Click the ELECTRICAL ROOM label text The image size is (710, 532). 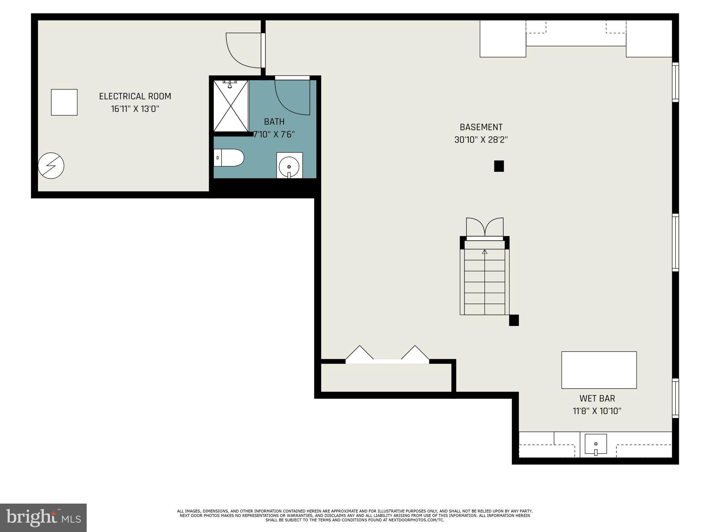tap(135, 96)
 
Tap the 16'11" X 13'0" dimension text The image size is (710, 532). tap(135, 109)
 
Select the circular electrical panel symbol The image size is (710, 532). tap(51, 166)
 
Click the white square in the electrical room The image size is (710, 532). tap(64, 102)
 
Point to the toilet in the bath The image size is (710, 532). tap(229, 158)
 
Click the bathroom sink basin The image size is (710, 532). tap(289, 166)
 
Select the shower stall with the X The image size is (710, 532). tap(231, 106)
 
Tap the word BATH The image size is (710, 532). tap(274, 122)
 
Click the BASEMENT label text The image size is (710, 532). tap(481, 127)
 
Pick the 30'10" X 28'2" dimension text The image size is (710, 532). tap(481, 140)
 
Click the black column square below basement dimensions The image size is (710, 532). tap(499, 166)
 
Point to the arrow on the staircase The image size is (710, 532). tap(485, 252)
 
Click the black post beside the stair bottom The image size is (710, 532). tap(514, 320)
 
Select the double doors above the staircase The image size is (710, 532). tap(485, 228)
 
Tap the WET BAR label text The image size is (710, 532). tap(597, 398)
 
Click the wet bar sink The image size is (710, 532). tap(596, 444)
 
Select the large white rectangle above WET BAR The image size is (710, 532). tap(599, 370)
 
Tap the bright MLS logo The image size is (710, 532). tap(43, 517)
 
